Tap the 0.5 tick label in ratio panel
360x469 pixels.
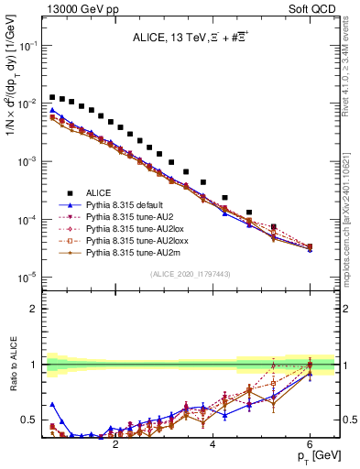click(32, 420)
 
